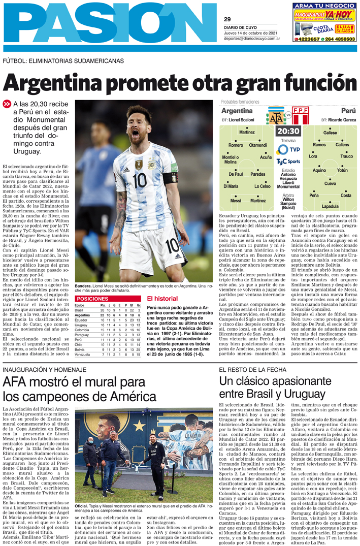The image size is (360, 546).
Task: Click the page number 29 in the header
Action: (227, 19)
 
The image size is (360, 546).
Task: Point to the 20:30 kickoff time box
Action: (288, 131)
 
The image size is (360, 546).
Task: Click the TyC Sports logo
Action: (288, 162)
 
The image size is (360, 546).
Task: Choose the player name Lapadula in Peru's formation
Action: (330, 206)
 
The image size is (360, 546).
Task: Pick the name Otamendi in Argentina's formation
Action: (258, 145)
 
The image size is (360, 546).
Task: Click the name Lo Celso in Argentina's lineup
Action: (263, 186)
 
